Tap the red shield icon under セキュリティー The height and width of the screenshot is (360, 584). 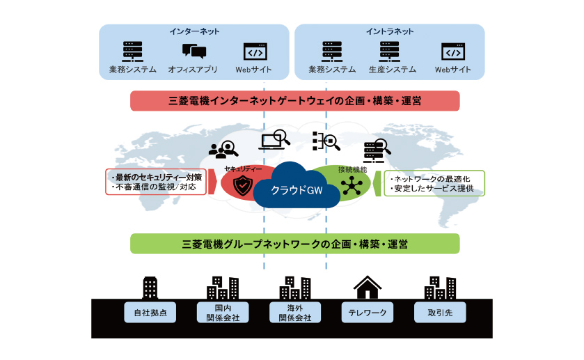(x=243, y=185)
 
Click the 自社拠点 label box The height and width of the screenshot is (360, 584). (x=150, y=313)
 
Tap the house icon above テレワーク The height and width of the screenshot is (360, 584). (x=368, y=286)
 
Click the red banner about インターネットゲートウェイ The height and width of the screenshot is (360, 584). (x=294, y=101)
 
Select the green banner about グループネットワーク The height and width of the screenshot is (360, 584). (x=294, y=244)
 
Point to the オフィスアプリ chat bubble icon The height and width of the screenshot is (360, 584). (x=194, y=52)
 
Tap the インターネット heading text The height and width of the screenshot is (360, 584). (x=194, y=31)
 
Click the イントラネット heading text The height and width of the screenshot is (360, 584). (x=389, y=31)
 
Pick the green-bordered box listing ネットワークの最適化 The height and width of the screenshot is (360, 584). (x=434, y=182)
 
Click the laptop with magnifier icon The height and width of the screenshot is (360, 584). (x=274, y=140)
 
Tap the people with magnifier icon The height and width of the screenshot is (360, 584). (x=223, y=148)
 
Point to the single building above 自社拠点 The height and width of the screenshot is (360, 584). (x=150, y=287)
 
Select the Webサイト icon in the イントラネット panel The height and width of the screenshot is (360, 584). (x=452, y=52)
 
